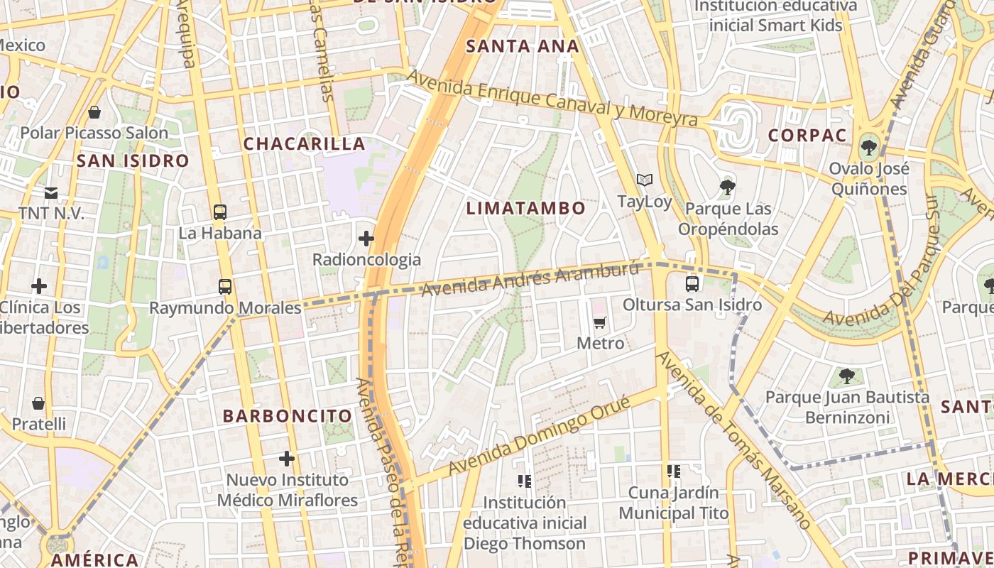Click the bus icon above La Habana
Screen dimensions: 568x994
tap(220, 212)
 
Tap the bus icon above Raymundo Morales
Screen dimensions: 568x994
tap(225, 287)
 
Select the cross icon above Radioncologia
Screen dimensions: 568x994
tap(366, 239)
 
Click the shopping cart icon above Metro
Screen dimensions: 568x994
tap(600, 323)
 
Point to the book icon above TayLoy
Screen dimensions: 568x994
tap(644, 180)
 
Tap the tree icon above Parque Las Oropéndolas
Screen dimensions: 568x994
tap(727, 187)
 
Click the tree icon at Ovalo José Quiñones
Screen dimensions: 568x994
tap(868, 148)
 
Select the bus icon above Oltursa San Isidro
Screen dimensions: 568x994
tap(692, 284)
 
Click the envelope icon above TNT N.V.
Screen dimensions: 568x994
tap(51, 192)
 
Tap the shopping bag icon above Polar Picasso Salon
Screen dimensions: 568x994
tap(94, 112)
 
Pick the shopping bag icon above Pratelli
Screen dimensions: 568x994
tap(38, 403)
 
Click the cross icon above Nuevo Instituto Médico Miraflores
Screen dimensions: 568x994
tap(287, 459)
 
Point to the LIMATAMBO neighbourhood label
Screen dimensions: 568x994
tap(526, 208)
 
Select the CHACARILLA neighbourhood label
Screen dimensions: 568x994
tap(304, 143)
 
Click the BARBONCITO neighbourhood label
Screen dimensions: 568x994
tap(288, 416)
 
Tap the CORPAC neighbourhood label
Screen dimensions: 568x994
tap(808, 136)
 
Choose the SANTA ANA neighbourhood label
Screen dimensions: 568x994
tap(523, 47)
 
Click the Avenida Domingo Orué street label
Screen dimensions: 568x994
tap(540, 436)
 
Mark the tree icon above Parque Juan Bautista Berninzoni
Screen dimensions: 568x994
tap(846, 376)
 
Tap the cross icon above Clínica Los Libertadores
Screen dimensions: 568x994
tap(39, 286)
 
